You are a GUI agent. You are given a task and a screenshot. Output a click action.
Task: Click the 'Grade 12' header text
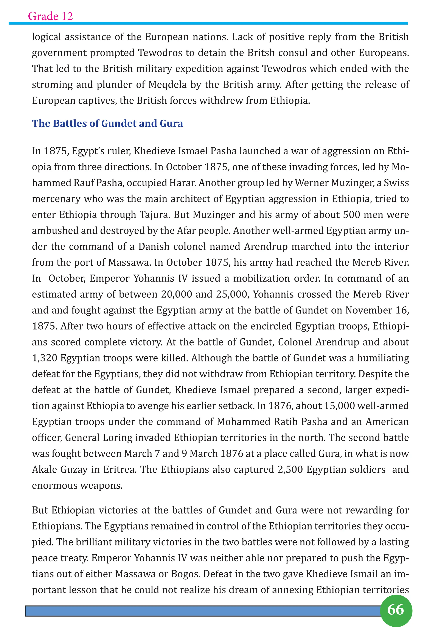coord(50,16)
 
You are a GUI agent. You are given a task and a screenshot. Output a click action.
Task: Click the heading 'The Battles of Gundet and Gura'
coord(107,124)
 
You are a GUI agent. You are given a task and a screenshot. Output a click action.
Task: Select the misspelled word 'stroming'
coord(52,85)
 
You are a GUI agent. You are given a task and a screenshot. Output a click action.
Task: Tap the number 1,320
coord(45,358)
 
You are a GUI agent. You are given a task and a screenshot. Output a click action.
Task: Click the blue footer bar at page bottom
coord(202,611)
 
